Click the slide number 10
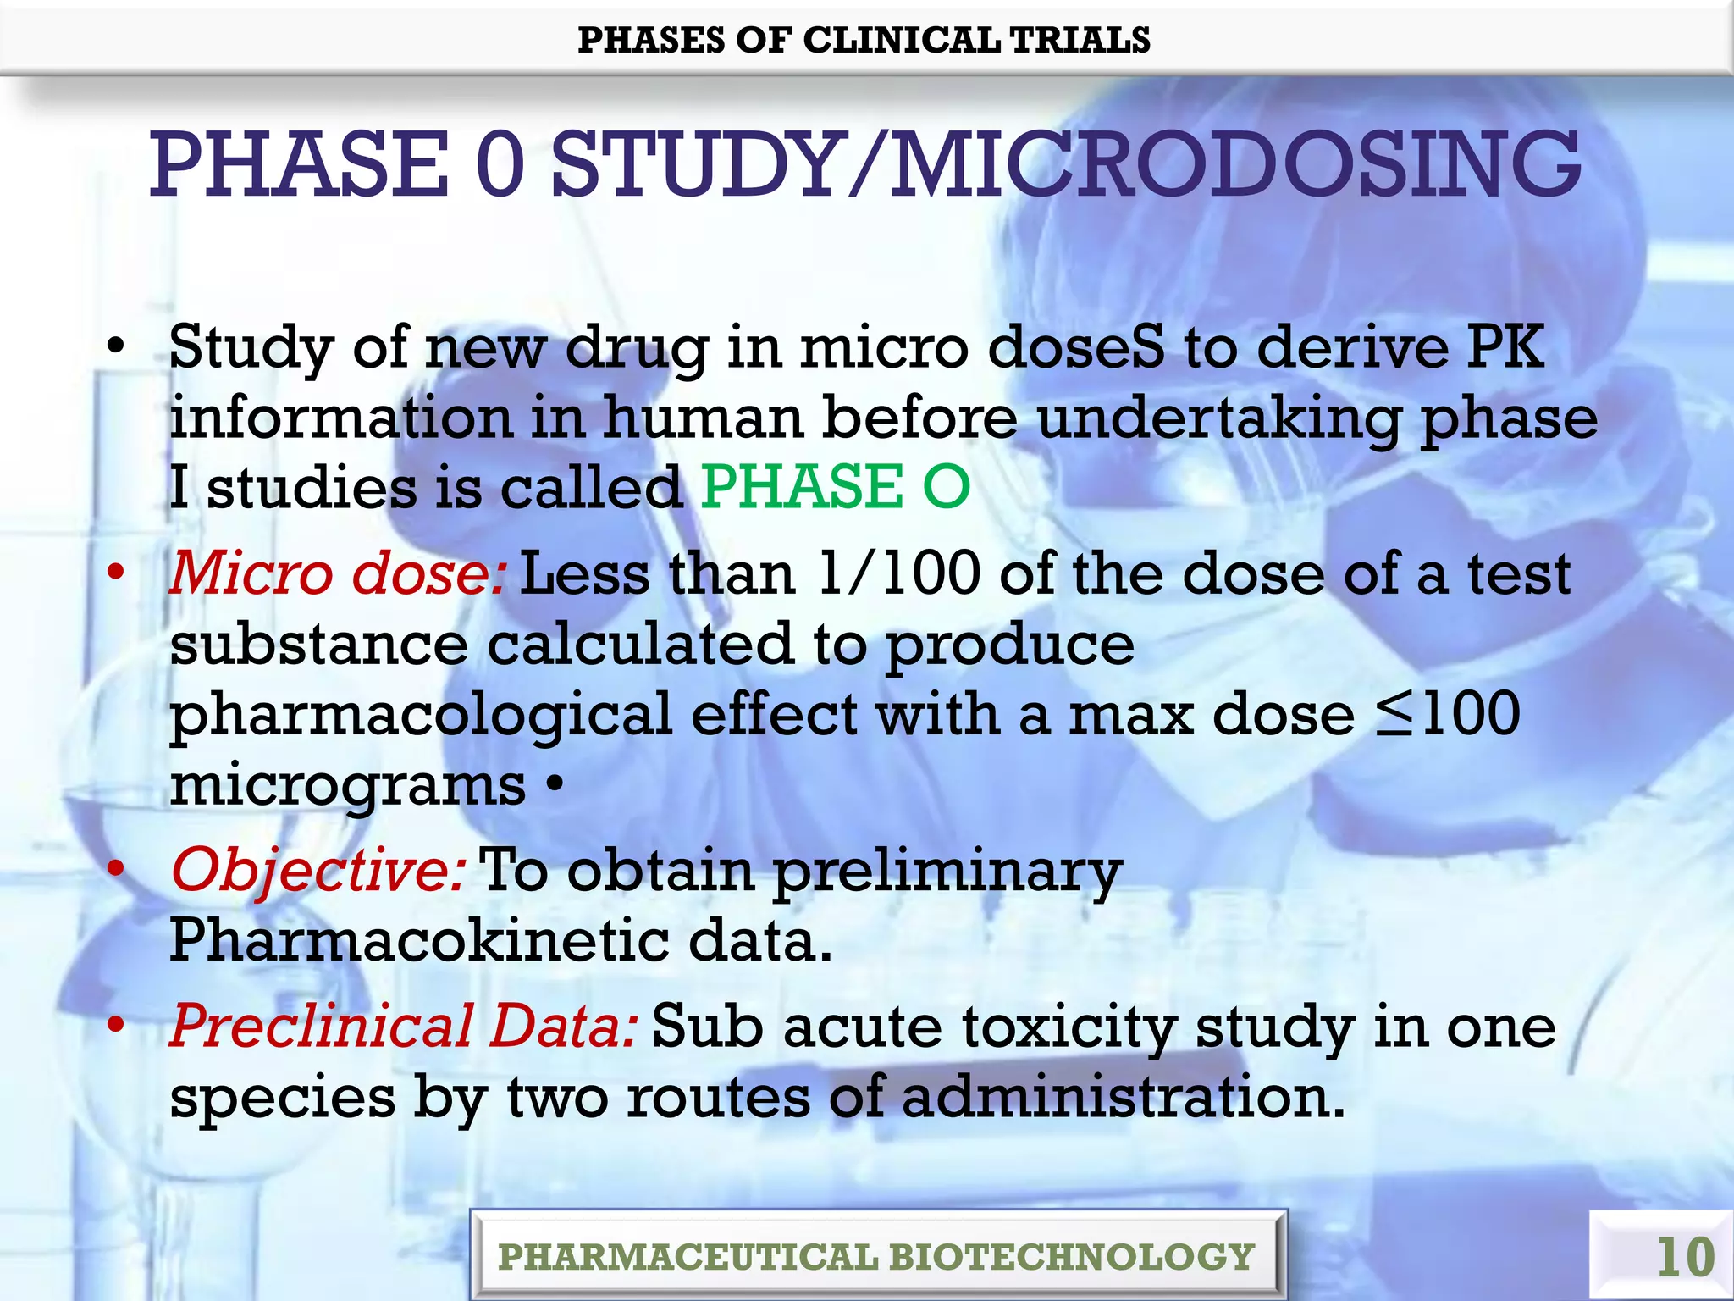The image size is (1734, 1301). coord(1685,1256)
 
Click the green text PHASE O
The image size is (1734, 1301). coord(836,487)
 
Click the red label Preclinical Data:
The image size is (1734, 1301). coord(404,1026)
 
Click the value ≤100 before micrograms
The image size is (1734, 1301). coord(1448,714)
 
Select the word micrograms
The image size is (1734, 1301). coord(348,785)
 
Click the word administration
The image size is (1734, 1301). coord(1123,1097)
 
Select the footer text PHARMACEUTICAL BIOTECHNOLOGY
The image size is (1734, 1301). coord(876,1256)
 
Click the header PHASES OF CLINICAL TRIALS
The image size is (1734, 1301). coord(864,40)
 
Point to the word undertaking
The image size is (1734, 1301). coord(1218,418)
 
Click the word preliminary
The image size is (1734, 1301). coord(947,872)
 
